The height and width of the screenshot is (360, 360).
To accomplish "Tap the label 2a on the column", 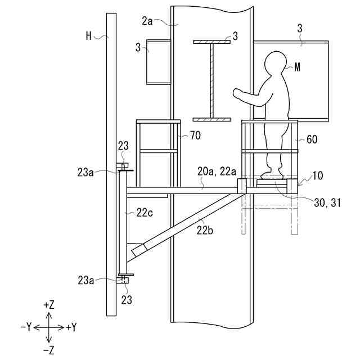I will coord(147,21).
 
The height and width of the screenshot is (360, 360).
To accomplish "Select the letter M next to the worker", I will coord(298,66).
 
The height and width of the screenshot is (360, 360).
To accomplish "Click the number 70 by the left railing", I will coord(194,135).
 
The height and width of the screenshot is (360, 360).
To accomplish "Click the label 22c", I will coord(144,212).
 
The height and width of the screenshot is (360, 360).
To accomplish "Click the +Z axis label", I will coord(48,305).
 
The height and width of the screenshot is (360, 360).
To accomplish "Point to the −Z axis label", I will coord(48,350).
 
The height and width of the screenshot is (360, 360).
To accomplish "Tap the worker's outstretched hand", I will coord(237,91).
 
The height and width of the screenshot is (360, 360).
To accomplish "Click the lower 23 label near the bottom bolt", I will coord(127,300).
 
